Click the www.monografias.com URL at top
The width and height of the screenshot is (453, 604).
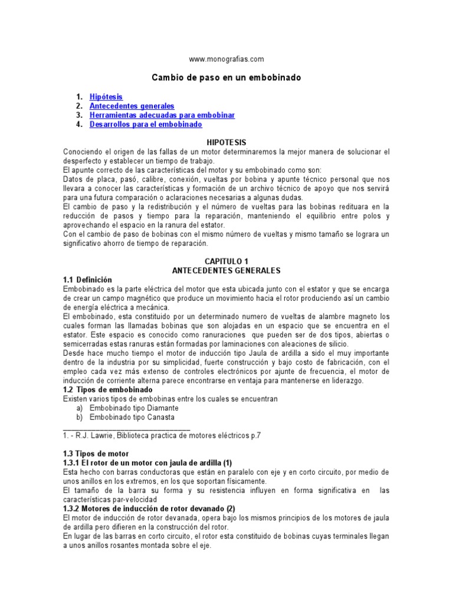click(x=226, y=59)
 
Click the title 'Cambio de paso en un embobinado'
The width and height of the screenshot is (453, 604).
click(x=226, y=77)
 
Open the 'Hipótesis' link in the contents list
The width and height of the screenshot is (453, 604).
click(x=106, y=96)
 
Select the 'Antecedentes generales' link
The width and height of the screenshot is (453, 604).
click(x=132, y=106)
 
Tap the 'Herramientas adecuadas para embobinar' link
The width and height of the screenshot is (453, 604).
click(x=162, y=115)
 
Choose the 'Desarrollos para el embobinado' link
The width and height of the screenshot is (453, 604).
click(x=146, y=124)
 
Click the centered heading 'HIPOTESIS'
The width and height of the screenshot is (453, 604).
click(x=226, y=143)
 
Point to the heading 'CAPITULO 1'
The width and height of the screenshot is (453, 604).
click(x=226, y=261)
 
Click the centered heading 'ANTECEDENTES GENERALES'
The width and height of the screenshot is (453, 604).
click(x=226, y=270)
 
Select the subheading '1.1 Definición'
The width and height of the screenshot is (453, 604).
click(x=87, y=280)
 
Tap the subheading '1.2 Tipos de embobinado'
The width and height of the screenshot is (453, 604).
click(x=107, y=390)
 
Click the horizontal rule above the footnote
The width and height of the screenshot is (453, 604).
click(x=126, y=428)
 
